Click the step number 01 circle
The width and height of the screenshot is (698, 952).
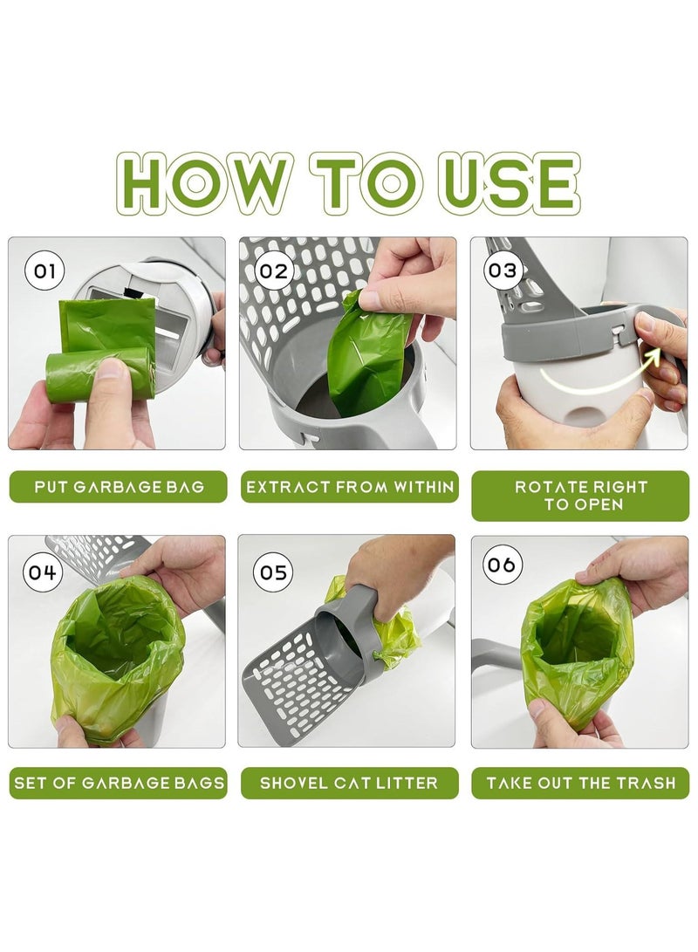point(44,271)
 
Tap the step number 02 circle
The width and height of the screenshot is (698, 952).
point(274,271)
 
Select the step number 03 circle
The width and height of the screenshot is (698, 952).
point(503,271)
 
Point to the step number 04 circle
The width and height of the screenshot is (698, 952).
point(43,572)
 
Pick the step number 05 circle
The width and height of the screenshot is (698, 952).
point(274,572)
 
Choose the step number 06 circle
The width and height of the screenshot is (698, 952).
point(502,565)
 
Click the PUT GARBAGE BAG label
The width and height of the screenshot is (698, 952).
point(119,487)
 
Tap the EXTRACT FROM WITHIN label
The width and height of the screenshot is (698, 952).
point(350,487)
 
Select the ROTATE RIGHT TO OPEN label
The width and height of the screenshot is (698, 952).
point(580,496)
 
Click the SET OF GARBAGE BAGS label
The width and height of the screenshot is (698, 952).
point(119,783)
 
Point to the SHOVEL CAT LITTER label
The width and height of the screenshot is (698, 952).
point(350,783)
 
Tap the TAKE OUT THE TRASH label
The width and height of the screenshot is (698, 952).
point(580,783)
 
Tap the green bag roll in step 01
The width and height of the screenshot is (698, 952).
point(97,375)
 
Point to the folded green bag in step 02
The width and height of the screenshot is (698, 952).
point(368,354)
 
